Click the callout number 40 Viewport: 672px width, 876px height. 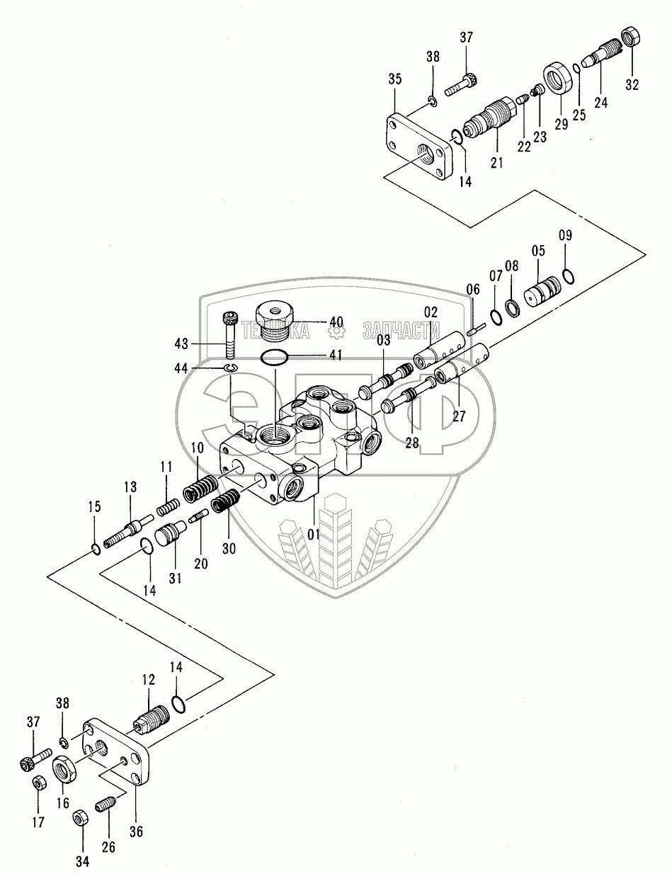[336, 322]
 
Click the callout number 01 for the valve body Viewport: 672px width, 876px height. [313, 535]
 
